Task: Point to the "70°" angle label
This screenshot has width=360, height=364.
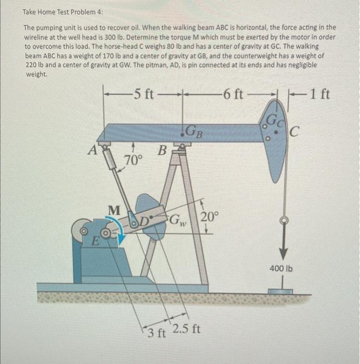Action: [134, 160]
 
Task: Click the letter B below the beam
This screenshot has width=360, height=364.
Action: [162, 152]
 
